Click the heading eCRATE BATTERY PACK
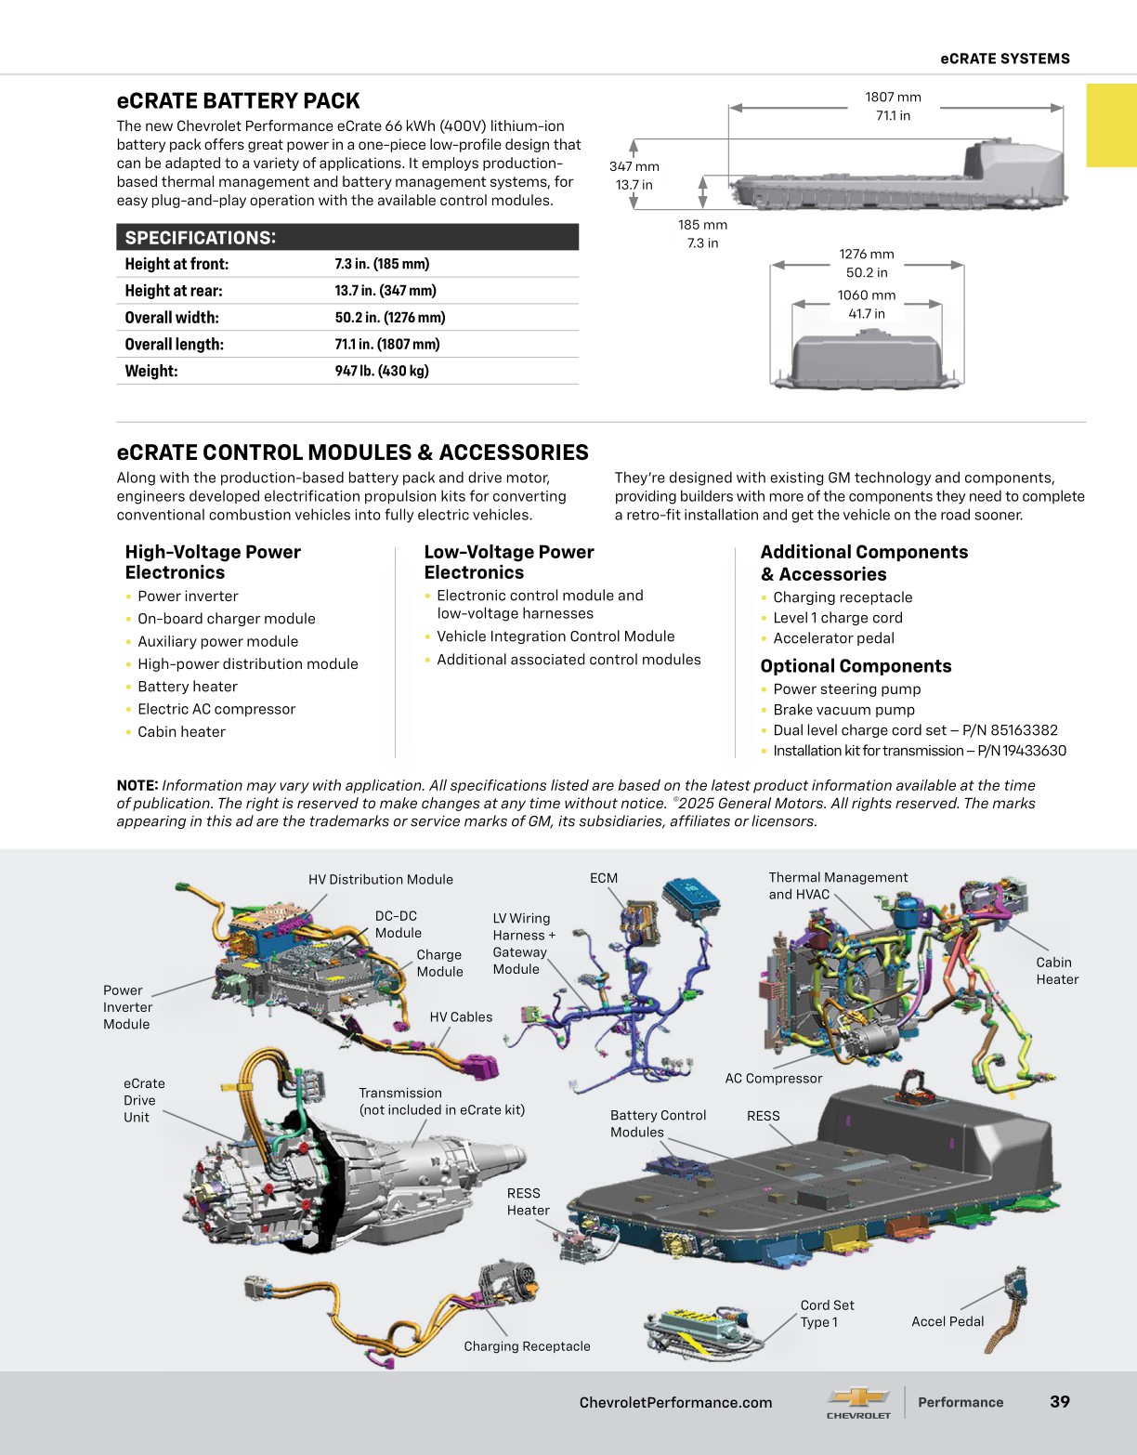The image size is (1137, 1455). tap(238, 101)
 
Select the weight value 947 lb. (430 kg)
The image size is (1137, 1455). tap(382, 371)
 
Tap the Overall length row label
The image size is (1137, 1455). tap(174, 344)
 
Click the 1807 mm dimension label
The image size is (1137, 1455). tap(893, 98)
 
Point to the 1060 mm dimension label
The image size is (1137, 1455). tap(866, 295)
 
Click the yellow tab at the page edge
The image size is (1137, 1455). tap(1111, 125)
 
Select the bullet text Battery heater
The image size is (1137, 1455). tap(187, 687)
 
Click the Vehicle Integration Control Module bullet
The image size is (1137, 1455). tap(555, 636)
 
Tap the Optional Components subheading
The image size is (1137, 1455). tap(856, 666)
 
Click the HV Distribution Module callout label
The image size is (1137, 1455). tap(381, 880)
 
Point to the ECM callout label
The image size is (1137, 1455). tap(603, 878)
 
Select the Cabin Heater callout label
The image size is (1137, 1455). tap(1057, 971)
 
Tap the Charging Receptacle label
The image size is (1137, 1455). tap(527, 1346)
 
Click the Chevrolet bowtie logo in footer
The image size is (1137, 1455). tap(858, 1397)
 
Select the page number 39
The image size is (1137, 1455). tap(1060, 1402)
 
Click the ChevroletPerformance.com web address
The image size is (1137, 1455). tap(675, 1403)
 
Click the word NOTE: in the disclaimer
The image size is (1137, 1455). tap(137, 785)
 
